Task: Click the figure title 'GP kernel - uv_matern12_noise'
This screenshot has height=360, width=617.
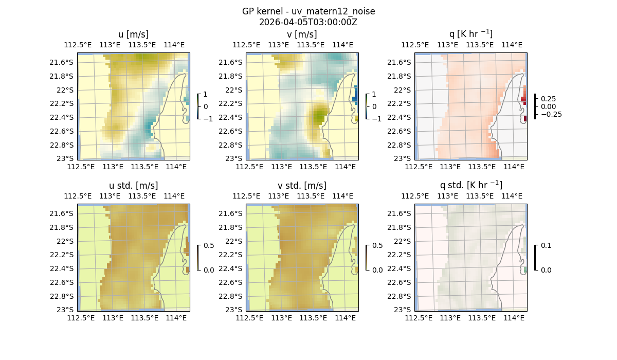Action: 308,11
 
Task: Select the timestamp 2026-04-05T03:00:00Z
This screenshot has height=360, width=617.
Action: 308,22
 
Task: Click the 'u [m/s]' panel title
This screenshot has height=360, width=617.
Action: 133,34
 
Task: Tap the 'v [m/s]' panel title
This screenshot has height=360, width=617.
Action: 302,34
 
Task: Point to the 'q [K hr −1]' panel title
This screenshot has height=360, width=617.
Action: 470,34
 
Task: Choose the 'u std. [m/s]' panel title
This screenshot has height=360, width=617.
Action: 133,186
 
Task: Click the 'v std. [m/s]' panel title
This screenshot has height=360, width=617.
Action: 302,186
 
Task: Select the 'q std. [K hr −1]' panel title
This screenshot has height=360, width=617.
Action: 470,186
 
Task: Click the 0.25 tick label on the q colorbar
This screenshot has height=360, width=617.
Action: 548,99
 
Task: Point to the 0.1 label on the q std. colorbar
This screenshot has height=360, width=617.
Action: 546,245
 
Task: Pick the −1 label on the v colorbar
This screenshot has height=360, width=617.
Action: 376,118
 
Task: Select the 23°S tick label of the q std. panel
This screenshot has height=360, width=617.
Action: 403,310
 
